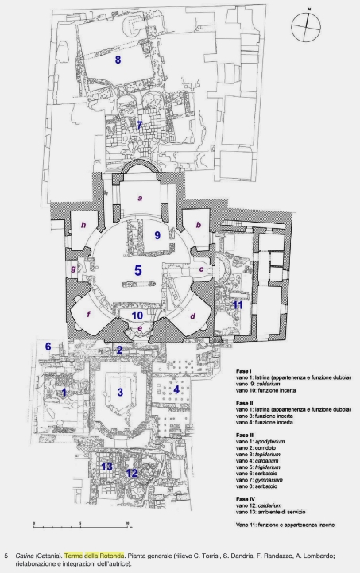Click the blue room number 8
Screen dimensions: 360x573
(118, 60)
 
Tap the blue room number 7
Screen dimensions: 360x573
(139, 126)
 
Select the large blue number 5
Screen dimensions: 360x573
(137, 270)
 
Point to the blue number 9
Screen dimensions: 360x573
(157, 235)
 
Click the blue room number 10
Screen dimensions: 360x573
(137, 316)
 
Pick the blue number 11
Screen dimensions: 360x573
(238, 304)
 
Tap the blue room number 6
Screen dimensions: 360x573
(48, 346)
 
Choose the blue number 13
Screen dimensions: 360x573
(106, 467)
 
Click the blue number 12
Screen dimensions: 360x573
(132, 473)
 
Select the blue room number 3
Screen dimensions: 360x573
(120, 393)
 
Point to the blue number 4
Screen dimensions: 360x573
(176, 389)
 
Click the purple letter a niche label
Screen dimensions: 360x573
(140, 199)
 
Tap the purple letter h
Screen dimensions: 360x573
(83, 225)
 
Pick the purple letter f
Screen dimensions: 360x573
(88, 314)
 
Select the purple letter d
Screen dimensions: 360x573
(192, 316)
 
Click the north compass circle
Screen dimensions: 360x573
(306, 27)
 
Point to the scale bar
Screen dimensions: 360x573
(83, 525)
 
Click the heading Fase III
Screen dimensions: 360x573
(246, 436)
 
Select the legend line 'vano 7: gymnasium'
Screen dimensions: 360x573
(260, 480)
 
